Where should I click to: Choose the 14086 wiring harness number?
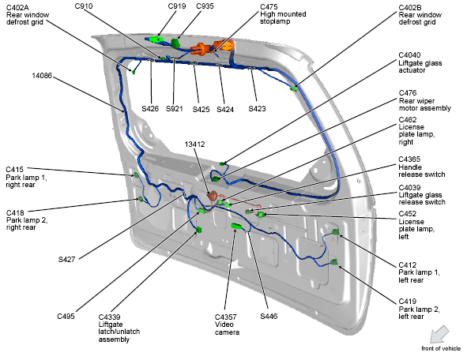(x=43, y=76)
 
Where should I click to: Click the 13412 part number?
(x=194, y=144)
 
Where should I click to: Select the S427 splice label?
(x=69, y=259)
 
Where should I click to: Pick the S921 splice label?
(x=175, y=109)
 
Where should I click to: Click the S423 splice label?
(x=258, y=109)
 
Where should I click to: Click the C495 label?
(x=66, y=316)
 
